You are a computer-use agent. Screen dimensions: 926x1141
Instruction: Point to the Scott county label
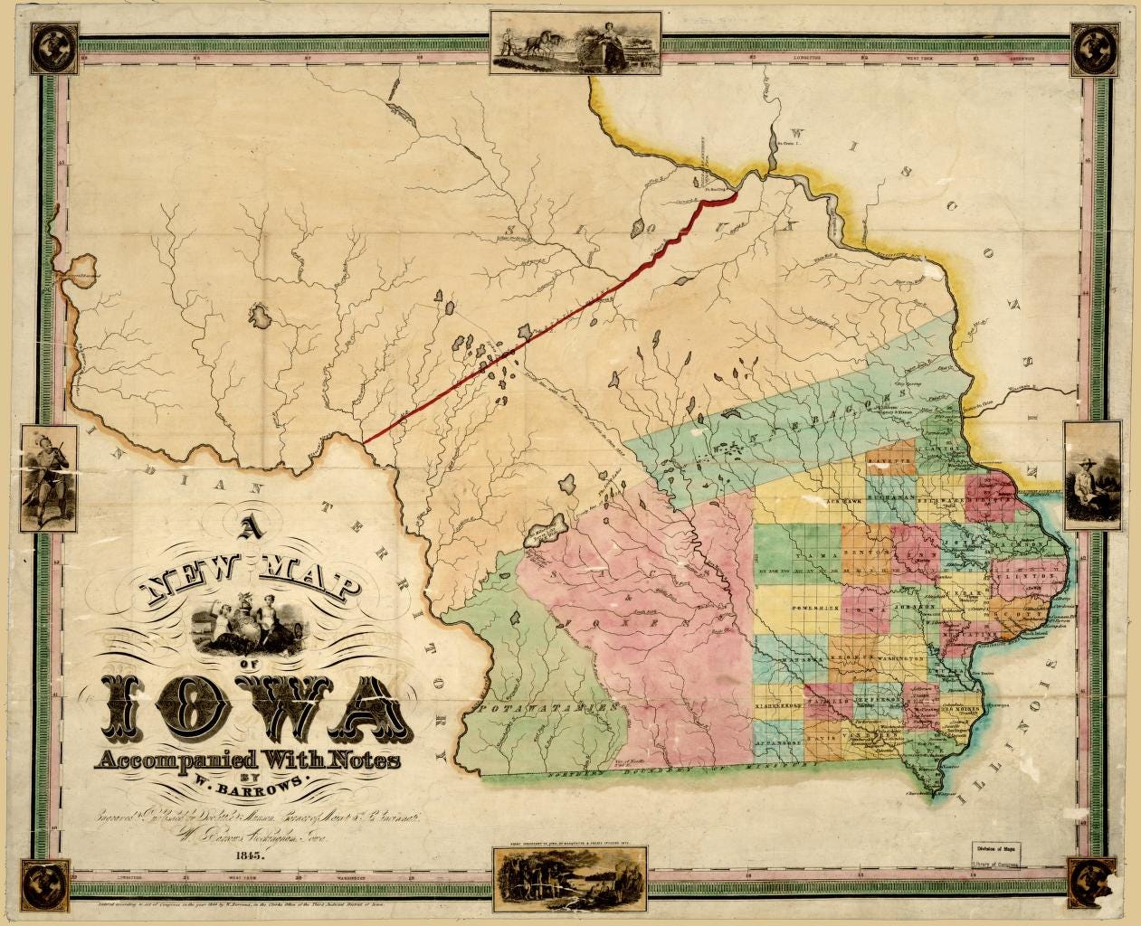pyautogui.click(x=1021, y=614)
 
